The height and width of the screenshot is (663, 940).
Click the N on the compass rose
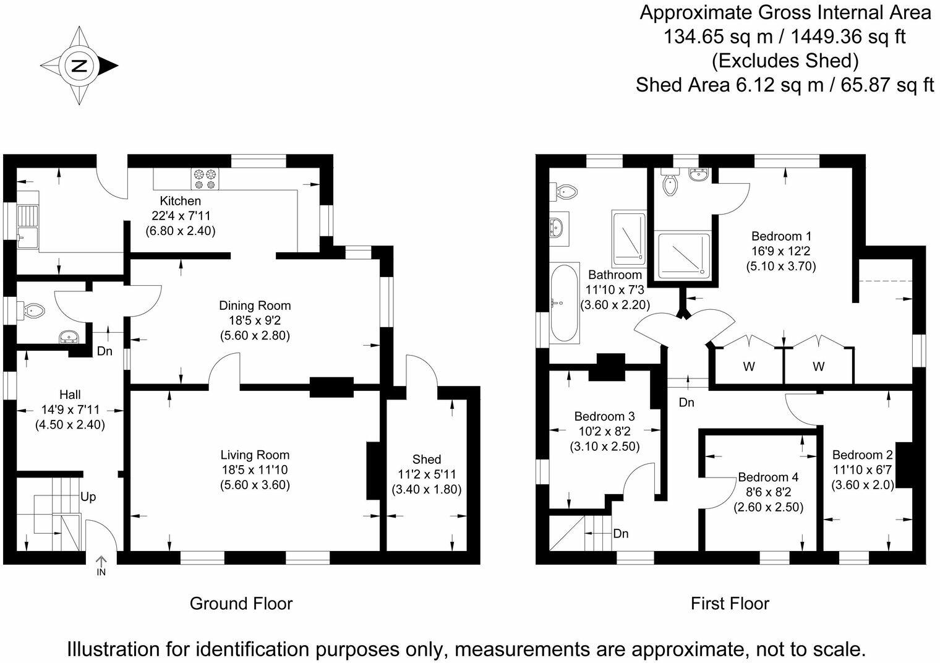click(x=79, y=66)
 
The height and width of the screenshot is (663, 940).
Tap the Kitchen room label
click(x=181, y=200)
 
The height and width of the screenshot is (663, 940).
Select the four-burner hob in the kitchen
click(x=205, y=179)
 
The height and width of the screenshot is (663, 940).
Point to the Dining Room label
click(x=255, y=306)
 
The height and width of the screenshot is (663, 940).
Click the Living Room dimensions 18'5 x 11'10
click(x=255, y=469)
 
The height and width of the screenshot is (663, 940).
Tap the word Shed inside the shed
click(x=426, y=459)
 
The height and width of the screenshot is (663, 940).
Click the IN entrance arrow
click(x=101, y=566)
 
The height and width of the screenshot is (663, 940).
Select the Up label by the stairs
click(x=88, y=497)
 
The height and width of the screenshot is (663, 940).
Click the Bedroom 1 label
click(x=781, y=236)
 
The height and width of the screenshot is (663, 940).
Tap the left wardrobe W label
click(x=749, y=367)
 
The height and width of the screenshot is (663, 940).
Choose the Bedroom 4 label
click(x=768, y=477)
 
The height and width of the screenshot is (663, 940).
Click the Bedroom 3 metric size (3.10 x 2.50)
click(x=605, y=447)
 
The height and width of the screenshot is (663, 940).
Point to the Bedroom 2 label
click(x=862, y=455)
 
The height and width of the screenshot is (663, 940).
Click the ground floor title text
click(x=241, y=604)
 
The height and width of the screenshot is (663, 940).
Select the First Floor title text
click(x=730, y=604)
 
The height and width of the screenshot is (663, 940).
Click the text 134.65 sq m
click(x=718, y=37)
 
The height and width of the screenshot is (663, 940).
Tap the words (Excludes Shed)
click(x=785, y=61)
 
